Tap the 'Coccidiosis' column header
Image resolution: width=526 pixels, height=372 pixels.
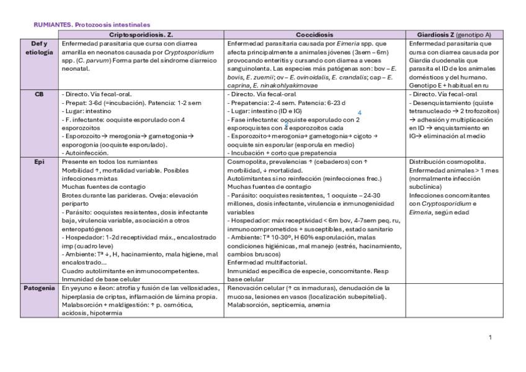[x=314, y=35]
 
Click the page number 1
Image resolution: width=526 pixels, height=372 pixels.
[x=490, y=337]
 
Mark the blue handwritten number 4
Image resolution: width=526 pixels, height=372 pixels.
[x=360, y=112]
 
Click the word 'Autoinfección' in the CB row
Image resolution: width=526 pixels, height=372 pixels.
[x=87, y=153]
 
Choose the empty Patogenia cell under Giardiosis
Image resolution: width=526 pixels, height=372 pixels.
[x=453, y=301]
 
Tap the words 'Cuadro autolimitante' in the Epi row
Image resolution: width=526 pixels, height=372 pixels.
[x=92, y=271]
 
